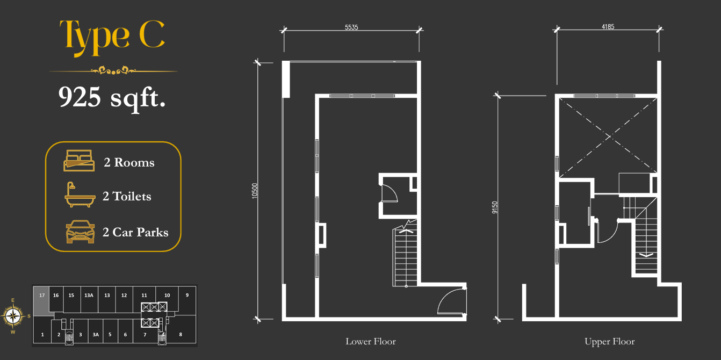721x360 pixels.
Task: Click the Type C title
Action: [x=112, y=38]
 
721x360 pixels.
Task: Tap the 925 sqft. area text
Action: [x=112, y=98]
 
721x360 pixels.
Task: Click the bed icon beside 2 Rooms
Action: [x=79, y=160]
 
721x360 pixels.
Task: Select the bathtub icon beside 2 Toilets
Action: [x=80, y=195]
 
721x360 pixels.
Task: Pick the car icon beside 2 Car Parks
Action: [x=80, y=232]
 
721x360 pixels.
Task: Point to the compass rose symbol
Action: [x=13, y=316]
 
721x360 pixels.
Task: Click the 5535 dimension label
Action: [x=351, y=27]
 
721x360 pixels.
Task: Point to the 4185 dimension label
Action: [x=608, y=27]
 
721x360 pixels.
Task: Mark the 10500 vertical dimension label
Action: [x=255, y=191]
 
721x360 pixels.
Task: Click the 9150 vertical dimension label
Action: [x=495, y=207]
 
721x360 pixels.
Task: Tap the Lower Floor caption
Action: [x=371, y=341]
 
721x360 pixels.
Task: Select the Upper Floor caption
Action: [x=610, y=341]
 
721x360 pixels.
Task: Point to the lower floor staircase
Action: [x=405, y=254]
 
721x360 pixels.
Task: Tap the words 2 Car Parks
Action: [x=135, y=232]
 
